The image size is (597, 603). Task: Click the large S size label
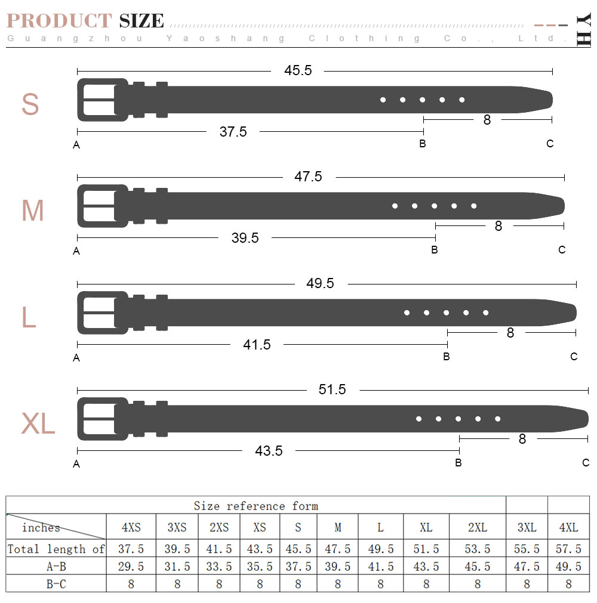coord(30,104)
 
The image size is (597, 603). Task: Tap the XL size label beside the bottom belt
coord(38,423)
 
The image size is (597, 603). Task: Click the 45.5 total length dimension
coord(298,70)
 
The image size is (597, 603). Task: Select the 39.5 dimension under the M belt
coord(245,237)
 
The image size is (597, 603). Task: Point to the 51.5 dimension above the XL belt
coord(332,389)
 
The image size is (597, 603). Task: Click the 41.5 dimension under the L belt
coord(257,345)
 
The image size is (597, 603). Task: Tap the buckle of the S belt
coord(103,100)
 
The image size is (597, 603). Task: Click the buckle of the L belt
coord(103,313)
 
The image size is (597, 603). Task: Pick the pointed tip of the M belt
coord(564,206)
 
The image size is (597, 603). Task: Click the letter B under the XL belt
coord(458,463)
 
